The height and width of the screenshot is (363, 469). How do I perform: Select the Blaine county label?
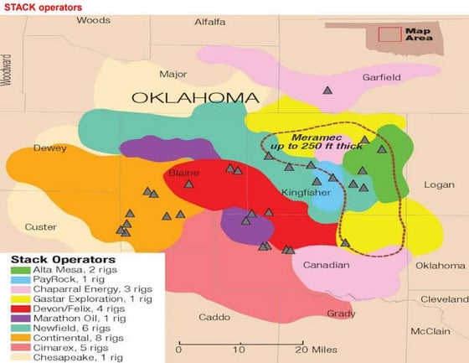click(x=184, y=173)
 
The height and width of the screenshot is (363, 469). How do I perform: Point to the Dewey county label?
click(x=49, y=148)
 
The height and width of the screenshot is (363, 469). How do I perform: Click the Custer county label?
click(x=41, y=227)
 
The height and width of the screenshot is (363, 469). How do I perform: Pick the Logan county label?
click(x=438, y=184)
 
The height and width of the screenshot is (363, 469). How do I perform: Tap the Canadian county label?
click(x=325, y=265)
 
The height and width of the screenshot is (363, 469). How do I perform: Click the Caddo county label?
click(x=214, y=317)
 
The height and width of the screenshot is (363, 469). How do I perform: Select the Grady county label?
click(x=341, y=314)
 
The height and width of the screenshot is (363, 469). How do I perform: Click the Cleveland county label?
click(x=444, y=298)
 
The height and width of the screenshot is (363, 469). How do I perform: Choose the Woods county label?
click(x=92, y=20)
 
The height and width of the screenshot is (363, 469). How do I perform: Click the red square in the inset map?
click(x=389, y=34)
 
